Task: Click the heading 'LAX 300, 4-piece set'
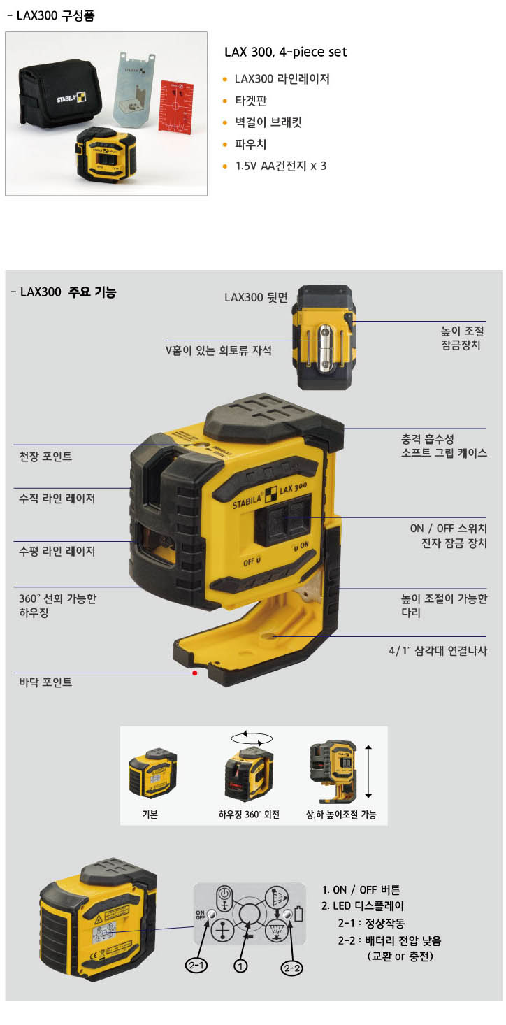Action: (285, 52)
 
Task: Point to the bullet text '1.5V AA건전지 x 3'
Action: (281, 166)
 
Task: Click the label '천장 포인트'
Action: (45, 457)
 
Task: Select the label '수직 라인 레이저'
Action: (57, 498)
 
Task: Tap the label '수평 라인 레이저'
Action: (57, 551)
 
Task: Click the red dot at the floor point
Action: (195, 673)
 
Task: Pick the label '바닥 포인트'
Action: (45, 682)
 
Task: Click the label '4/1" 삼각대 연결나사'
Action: (438, 651)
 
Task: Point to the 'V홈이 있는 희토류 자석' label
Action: (218, 350)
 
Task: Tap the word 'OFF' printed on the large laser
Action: (249, 561)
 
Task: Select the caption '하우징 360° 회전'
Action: (249, 814)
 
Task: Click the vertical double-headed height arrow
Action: (368, 772)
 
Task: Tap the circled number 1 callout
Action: (240, 966)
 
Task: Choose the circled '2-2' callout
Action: (291, 968)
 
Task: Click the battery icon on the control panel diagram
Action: (298, 914)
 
